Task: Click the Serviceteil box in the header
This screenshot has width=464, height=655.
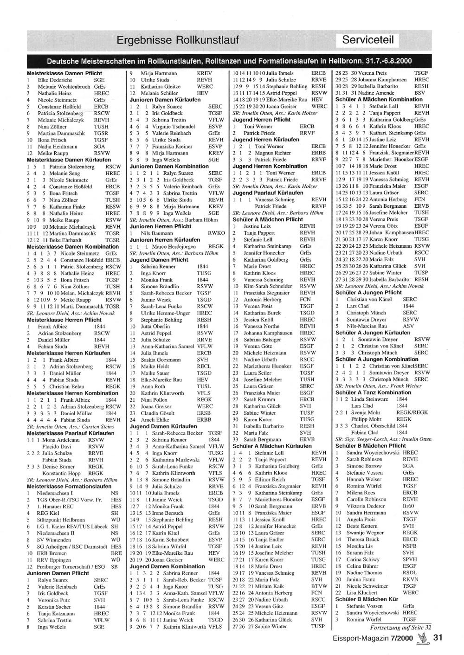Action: click(x=368, y=40)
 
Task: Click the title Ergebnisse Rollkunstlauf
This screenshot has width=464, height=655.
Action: click(x=178, y=40)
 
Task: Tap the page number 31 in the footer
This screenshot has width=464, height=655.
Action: click(x=438, y=637)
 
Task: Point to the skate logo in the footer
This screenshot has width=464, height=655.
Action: click(x=422, y=637)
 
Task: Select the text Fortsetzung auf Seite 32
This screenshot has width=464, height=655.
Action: click(x=400, y=627)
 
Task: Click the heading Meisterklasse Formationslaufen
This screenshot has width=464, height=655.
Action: click(x=69, y=486)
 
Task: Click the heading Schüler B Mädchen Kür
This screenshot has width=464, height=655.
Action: click(x=367, y=599)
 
